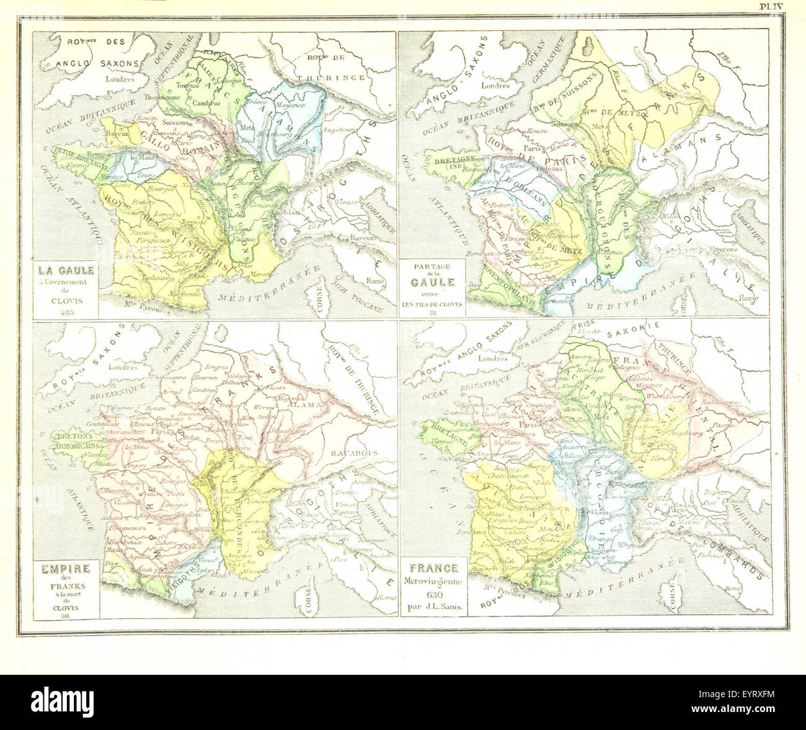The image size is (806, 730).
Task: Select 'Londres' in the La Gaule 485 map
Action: click(120, 79)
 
